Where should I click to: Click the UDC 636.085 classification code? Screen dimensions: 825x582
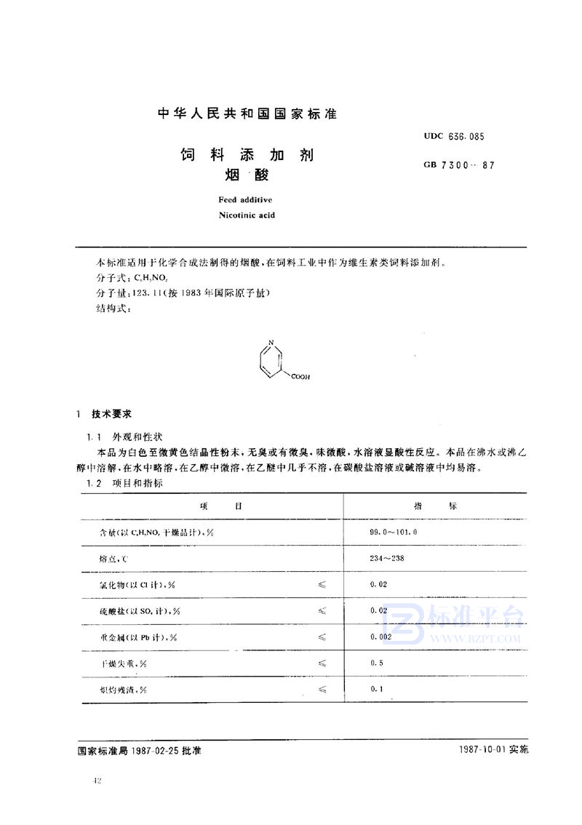tap(454, 136)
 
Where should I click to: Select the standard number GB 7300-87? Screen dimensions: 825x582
tap(453, 165)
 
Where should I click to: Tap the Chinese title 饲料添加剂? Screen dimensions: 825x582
tap(247, 155)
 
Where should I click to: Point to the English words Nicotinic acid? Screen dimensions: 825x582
tap(246, 215)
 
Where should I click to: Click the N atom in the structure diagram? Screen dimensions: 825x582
tap(271, 341)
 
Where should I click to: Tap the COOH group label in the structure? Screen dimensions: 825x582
tap(300, 377)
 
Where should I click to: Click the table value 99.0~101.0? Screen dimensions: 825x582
tap(394, 533)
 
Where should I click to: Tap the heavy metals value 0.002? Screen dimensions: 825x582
tap(381, 636)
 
